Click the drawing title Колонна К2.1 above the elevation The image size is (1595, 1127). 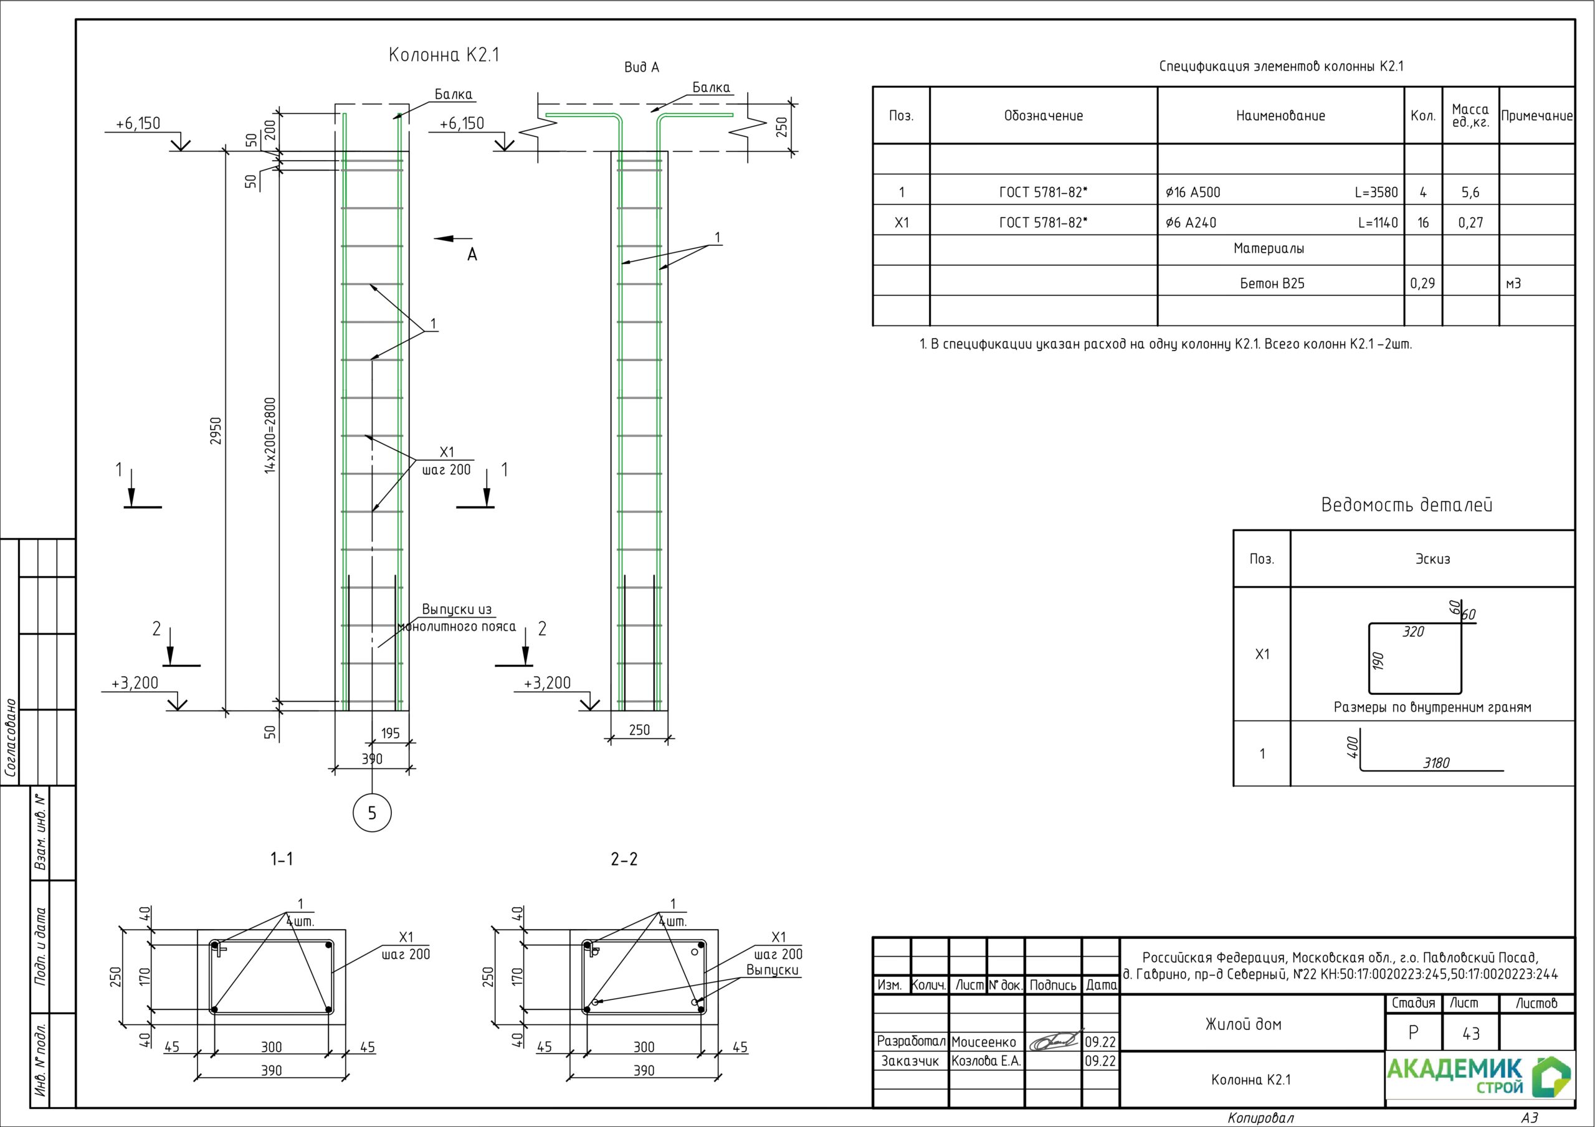point(444,55)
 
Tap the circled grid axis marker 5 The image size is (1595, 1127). point(372,813)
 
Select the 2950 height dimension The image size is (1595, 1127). point(216,431)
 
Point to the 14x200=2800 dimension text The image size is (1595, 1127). point(271,435)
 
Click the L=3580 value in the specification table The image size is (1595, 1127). point(1376,192)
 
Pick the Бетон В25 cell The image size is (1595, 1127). point(1272,283)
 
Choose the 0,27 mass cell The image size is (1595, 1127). point(1470,223)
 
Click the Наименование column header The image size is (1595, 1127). point(1280,116)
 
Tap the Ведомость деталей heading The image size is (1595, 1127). point(1406,505)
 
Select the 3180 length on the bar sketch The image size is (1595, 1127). point(1436,763)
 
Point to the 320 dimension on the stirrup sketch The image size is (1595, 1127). point(1413,632)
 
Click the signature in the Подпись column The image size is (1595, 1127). point(1053,1041)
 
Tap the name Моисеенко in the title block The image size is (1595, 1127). point(983,1042)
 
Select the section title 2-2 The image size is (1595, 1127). point(624,860)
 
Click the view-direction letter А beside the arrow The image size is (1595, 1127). point(472,255)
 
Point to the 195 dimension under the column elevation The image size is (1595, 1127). point(391,733)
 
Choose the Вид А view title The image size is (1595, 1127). point(641,67)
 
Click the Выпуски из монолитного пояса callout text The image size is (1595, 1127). point(457,618)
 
